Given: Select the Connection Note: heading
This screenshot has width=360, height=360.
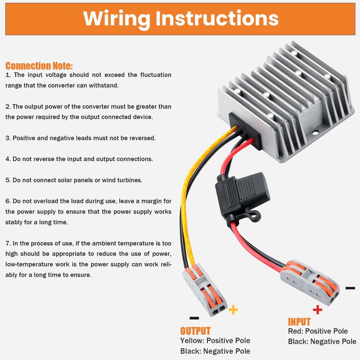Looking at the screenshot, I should click(39, 66).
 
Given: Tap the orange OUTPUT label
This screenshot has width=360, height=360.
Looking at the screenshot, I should click(195, 331).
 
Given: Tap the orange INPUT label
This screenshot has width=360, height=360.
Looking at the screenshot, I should click(299, 322).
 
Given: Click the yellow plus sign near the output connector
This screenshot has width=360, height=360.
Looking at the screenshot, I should click(233, 310).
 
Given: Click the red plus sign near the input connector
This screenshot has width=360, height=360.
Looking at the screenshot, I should click(317, 310).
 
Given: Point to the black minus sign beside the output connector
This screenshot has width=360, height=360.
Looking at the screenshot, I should click(194, 318).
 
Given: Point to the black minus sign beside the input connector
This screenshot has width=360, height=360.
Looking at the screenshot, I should click(350, 288).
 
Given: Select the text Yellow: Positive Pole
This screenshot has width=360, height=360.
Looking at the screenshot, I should click(215, 341).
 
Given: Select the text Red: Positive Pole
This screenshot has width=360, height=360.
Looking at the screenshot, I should click(318, 331).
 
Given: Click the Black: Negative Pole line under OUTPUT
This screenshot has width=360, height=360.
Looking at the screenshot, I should click(215, 351).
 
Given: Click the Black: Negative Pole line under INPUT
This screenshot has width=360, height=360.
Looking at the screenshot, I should click(322, 341).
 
